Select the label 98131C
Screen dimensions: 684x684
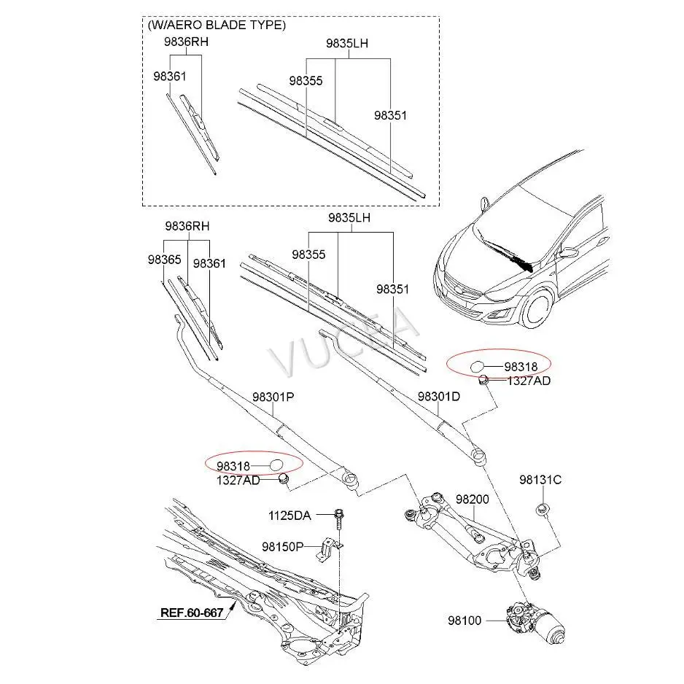pos(540,480)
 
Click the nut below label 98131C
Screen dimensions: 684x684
pos(542,508)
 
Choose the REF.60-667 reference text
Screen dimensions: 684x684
pos(191,613)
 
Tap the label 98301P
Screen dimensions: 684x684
pos(273,397)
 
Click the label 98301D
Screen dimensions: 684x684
pos(439,397)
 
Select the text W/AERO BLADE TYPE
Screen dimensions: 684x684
pos(217,25)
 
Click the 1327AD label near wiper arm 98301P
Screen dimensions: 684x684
pos(238,480)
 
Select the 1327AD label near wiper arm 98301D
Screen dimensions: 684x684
pos(529,380)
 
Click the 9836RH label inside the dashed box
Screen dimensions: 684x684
pos(185,42)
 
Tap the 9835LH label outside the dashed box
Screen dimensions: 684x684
pos(349,217)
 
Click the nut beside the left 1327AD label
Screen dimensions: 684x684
pos(284,478)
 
